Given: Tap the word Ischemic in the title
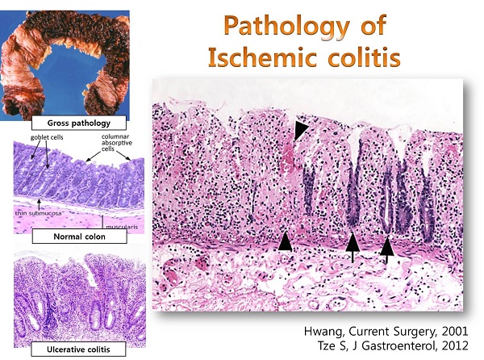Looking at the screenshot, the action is [263, 57].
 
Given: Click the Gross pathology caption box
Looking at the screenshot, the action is [79, 123].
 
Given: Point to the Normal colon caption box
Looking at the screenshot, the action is [79, 237].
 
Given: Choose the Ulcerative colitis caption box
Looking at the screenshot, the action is [78, 350].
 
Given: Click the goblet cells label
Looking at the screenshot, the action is [47, 137].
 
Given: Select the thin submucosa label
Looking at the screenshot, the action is [38, 213].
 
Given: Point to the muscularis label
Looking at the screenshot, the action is [122, 228].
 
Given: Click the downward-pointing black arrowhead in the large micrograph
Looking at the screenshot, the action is [299, 130].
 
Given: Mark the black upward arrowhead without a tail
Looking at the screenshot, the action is [285, 241].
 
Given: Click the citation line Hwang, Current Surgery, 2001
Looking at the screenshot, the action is [386, 331].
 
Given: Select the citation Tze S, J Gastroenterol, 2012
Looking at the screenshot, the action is [393, 345].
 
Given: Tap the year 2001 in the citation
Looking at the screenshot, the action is [455, 331].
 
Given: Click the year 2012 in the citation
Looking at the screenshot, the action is [455, 345].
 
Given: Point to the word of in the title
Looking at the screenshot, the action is [373, 25].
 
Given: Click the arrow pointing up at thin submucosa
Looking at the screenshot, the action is [39, 204].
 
